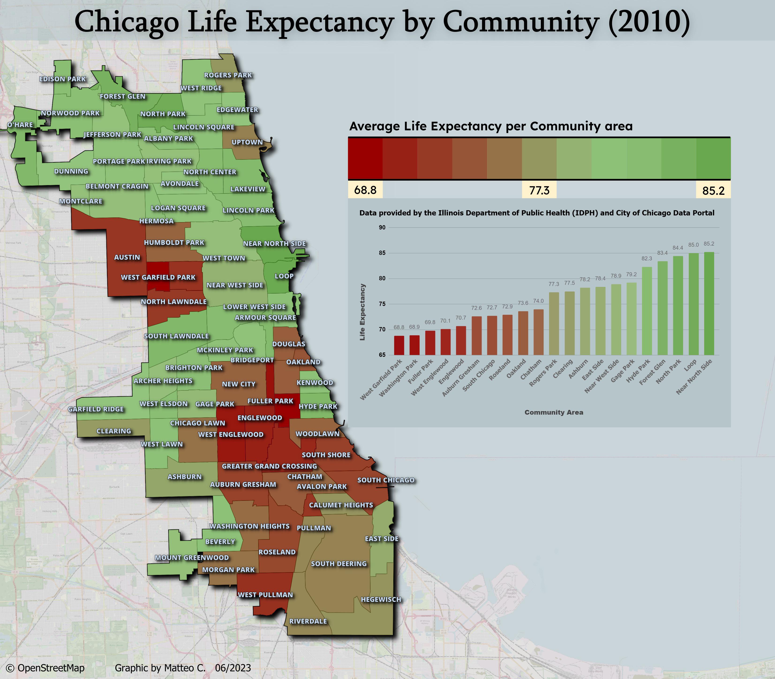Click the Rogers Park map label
[228, 75]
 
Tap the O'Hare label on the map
[20, 125]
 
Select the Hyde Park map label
[318, 406]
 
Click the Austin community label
[127, 257]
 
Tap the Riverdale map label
[308, 621]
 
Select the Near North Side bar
[709, 303]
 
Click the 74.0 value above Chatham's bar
[538, 301]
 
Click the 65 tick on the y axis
[382, 355]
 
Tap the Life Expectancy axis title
[362, 312]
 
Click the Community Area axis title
[554, 412]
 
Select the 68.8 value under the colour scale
[365, 190]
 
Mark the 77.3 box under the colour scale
[539, 190]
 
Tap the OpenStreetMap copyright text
[45, 668]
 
